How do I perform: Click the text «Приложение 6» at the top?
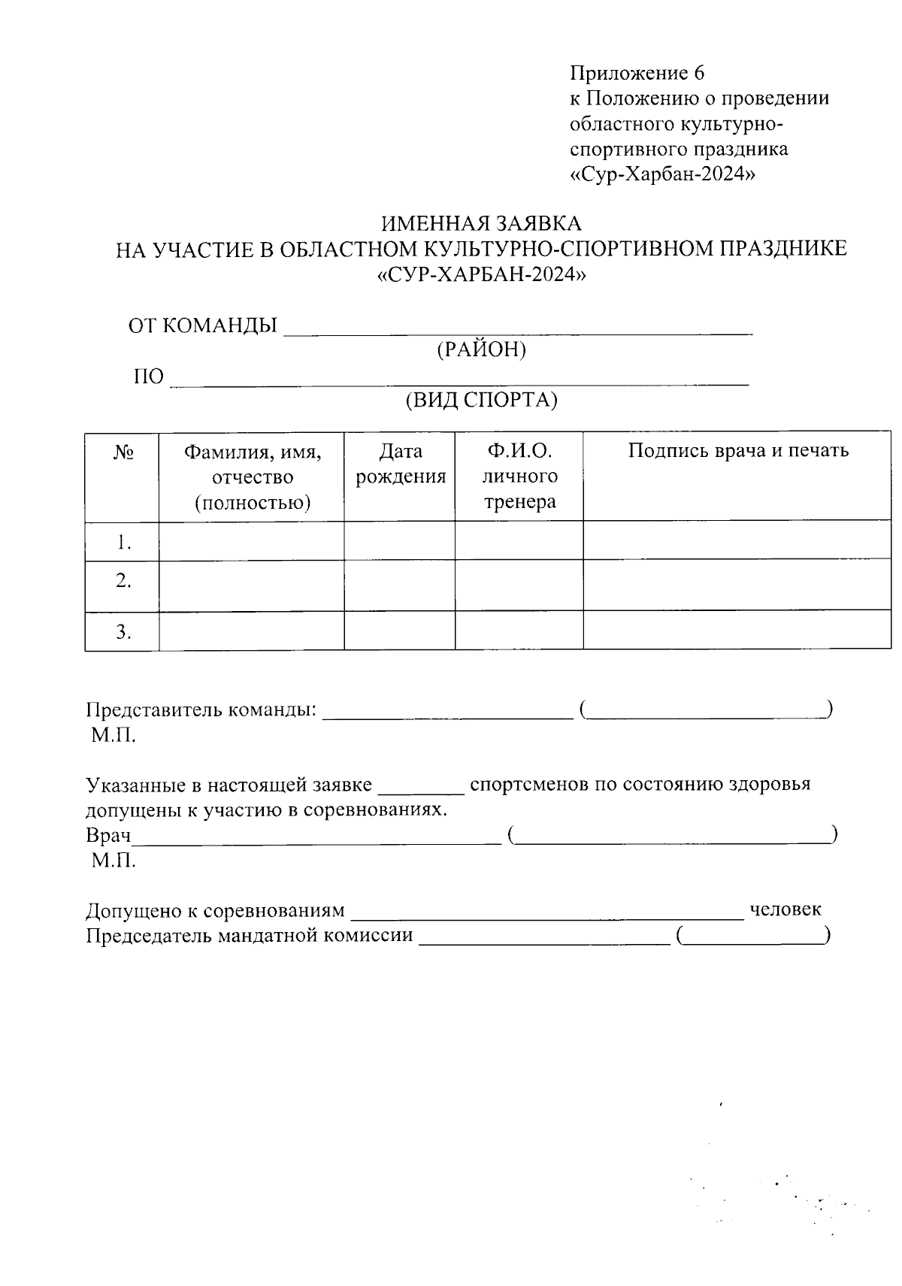pos(637,73)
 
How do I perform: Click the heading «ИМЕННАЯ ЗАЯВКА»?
pos(481,223)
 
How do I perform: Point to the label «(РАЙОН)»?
pos(481,350)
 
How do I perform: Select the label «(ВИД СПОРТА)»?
pos(481,401)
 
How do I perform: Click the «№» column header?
pos(123,452)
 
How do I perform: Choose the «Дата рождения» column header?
pos(400,464)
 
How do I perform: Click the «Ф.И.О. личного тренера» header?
pos(519,477)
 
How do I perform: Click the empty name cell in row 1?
pos(251,541)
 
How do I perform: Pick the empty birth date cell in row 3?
pos(400,631)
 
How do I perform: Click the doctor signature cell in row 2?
pos(738,585)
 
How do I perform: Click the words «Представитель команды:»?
pos(201,710)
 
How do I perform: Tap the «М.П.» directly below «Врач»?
pos(114,861)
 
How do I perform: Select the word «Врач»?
pos(108,835)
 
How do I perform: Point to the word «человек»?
pos(785,909)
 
